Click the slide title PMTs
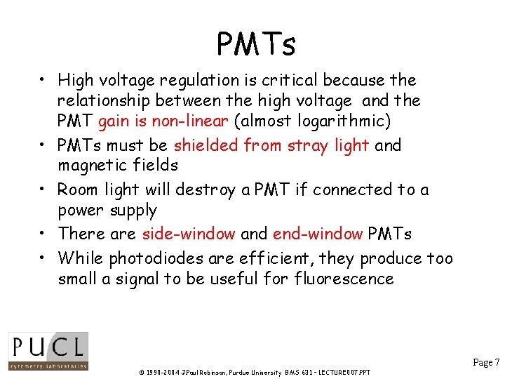[x=256, y=45]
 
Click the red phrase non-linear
[x=194, y=121]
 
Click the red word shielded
[x=206, y=145]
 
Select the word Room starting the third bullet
[x=77, y=189]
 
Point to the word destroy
[x=198, y=189]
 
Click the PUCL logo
[x=48, y=351]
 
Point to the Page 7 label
[x=486, y=363]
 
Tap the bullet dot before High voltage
[x=43, y=81]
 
